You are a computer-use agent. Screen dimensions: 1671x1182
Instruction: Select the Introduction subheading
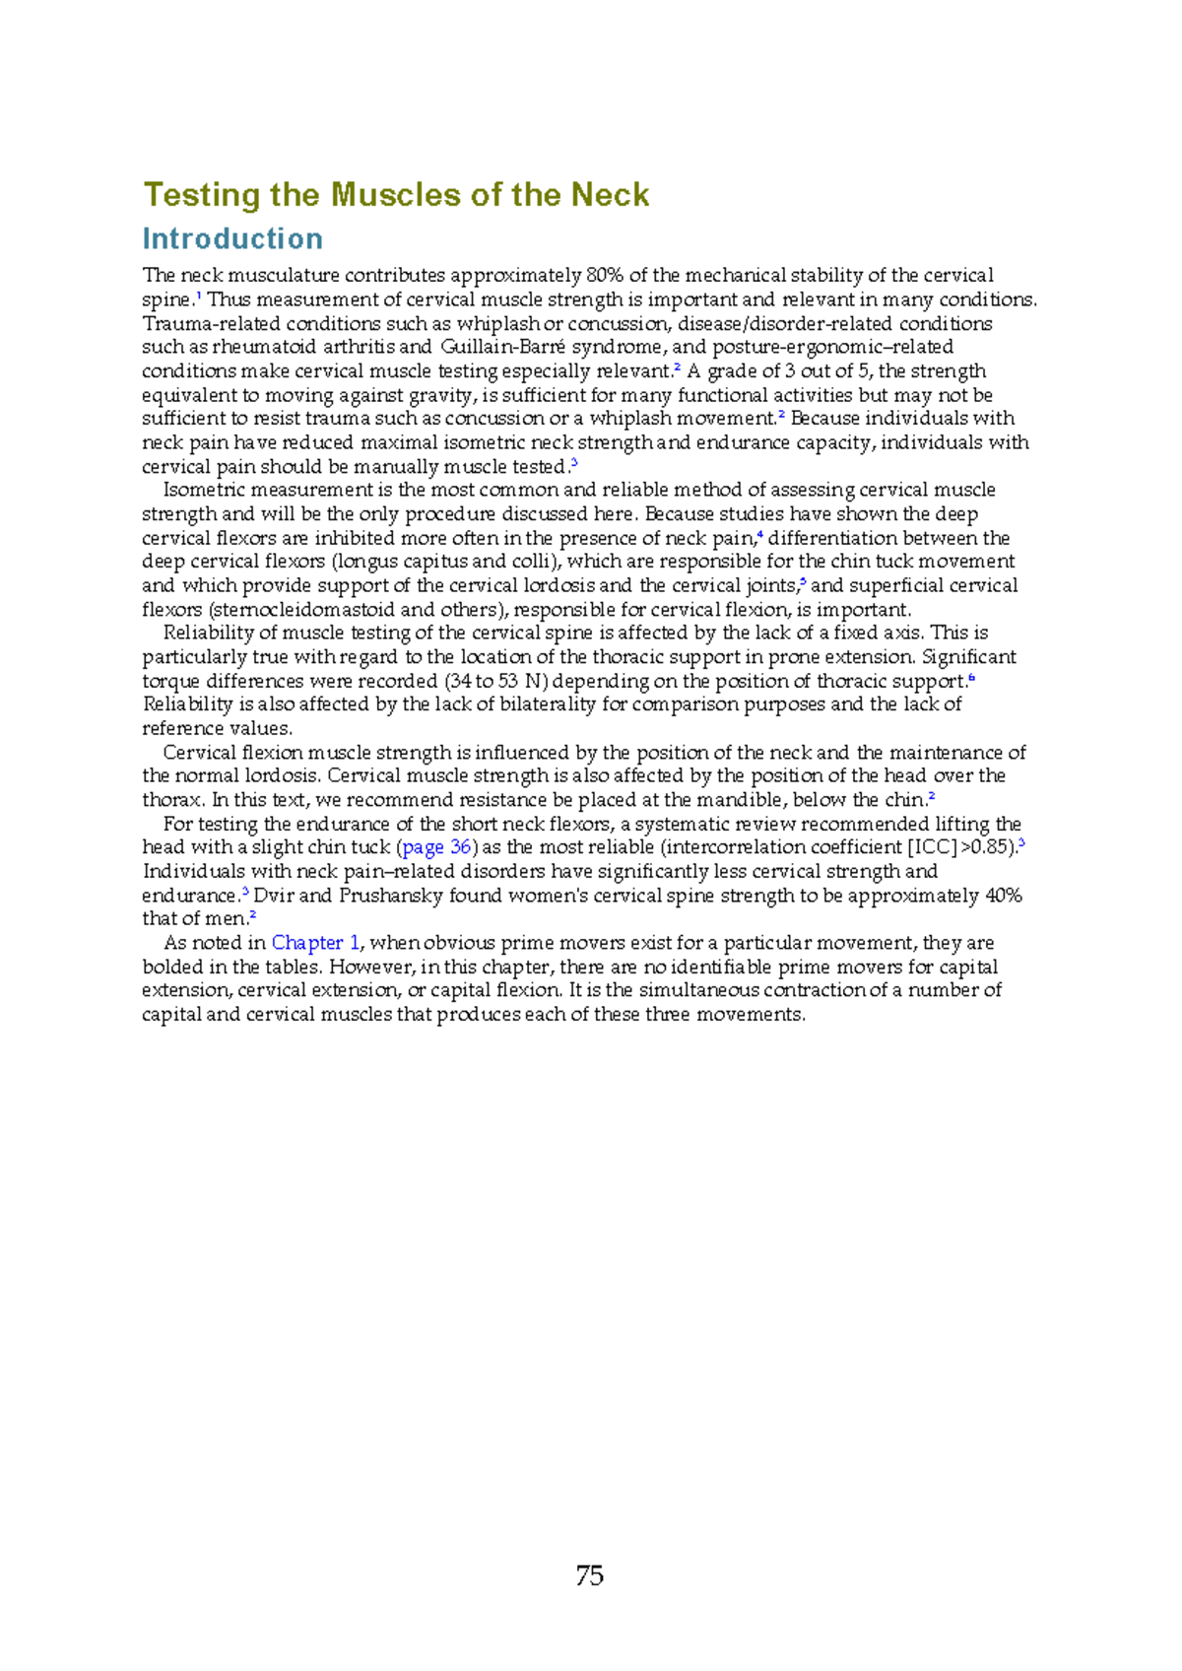tap(232, 238)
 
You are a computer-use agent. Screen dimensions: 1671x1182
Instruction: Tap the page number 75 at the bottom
tap(589, 1575)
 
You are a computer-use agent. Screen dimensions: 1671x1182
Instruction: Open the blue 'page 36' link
tap(436, 847)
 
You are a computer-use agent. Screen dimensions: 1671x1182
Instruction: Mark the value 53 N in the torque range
tap(522, 681)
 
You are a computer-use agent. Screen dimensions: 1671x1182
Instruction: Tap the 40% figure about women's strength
tap(1003, 896)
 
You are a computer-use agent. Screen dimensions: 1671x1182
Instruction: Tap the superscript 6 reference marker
tap(971, 677)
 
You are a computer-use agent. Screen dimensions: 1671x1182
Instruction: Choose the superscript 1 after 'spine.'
tap(199, 296)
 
